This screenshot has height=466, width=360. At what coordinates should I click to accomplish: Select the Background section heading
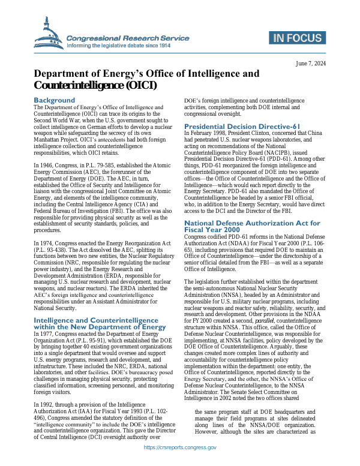[x=54, y=100]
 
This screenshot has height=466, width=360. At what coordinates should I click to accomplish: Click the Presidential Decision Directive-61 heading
[x=241, y=127]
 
